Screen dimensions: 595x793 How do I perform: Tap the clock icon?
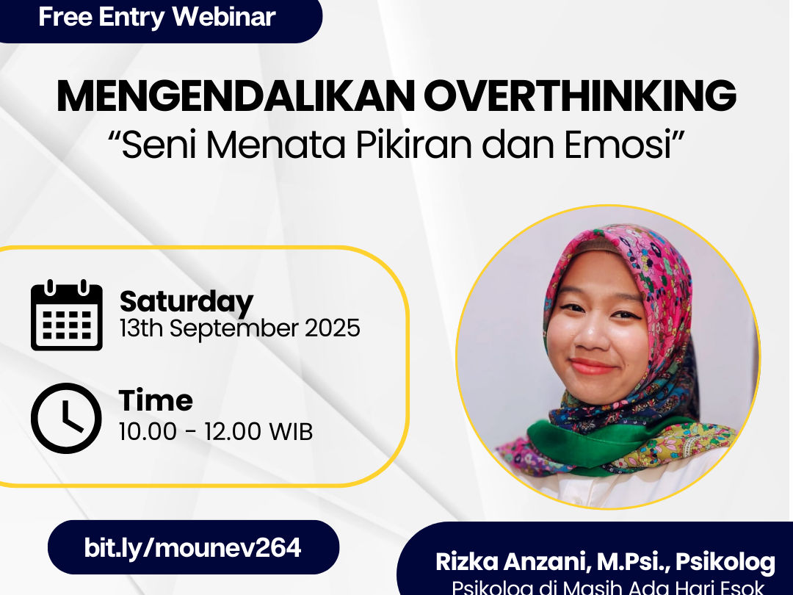pyautogui.click(x=66, y=418)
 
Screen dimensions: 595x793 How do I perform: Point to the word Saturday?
pyautogui.click(x=186, y=302)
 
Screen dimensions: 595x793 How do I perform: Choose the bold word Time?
pyautogui.click(x=156, y=400)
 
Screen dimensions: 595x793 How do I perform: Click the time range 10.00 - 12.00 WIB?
pyautogui.click(x=216, y=432)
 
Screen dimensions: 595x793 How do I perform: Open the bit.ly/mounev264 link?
pyautogui.click(x=192, y=547)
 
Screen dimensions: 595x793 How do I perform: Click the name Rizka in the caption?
pyautogui.click(x=468, y=563)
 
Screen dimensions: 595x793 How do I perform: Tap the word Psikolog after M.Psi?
pyautogui.click(x=725, y=563)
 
